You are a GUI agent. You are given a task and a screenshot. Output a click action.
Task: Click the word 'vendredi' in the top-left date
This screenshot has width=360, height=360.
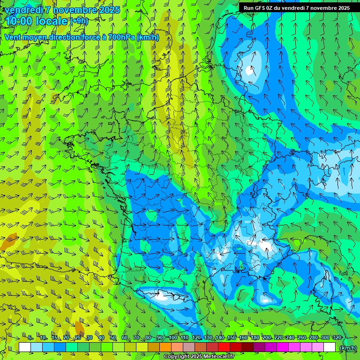click(x=23, y=10)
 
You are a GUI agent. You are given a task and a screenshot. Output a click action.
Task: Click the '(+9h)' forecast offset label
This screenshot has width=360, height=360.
click(x=79, y=21)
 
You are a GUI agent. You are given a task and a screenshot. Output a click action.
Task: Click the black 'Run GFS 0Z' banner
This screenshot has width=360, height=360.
click(x=296, y=8)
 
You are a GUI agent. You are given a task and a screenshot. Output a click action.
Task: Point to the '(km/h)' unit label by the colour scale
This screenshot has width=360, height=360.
click(x=347, y=347)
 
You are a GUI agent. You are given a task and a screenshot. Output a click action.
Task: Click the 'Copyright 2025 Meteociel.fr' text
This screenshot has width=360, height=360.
click(x=199, y=357)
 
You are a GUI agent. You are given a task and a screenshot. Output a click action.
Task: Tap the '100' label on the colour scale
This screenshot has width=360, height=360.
click(x=173, y=338)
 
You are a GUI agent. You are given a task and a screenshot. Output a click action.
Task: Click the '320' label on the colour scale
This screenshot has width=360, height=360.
click(x=337, y=338)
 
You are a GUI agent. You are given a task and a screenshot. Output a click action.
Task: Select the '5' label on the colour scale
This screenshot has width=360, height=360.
click(x=30, y=338)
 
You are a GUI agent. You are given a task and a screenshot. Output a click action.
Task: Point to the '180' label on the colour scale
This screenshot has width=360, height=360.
click(x=255, y=338)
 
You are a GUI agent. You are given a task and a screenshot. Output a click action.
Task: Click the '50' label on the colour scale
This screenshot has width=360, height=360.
click(x=113, y=338)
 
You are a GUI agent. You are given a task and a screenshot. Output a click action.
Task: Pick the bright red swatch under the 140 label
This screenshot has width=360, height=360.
click(x=225, y=347)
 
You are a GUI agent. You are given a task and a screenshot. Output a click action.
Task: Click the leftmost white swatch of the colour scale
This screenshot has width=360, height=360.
click(x=25, y=347)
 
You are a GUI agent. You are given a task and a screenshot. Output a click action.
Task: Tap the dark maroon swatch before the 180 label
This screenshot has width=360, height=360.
click(x=248, y=347)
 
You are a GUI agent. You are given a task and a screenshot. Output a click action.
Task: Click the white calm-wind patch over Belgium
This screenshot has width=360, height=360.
click(x=249, y=70)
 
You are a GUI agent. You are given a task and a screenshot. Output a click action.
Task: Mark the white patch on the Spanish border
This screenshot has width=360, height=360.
click(x=161, y=295)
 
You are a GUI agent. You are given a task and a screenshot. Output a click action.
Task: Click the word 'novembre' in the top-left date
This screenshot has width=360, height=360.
click(x=75, y=10)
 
